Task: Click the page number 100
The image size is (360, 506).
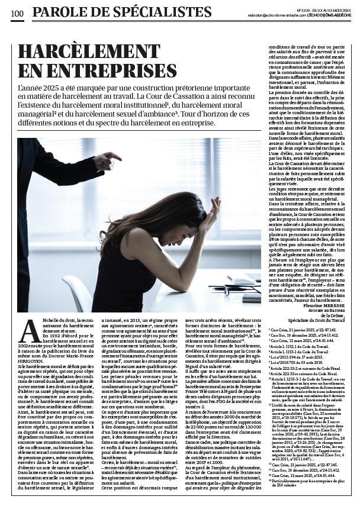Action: click(16, 13)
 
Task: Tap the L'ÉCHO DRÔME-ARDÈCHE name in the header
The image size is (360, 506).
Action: click(326, 15)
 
